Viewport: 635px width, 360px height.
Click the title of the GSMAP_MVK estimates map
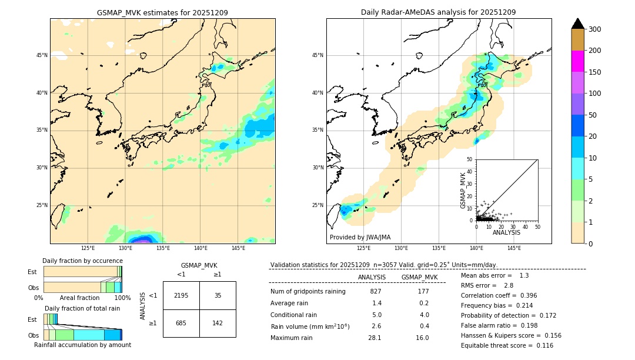(162, 12)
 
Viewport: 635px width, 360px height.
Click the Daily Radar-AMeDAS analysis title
(439, 12)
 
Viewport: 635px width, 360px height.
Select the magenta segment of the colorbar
(577, 61)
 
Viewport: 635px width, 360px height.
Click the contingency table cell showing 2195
(181, 295)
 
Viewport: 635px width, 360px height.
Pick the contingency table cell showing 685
(181, 323)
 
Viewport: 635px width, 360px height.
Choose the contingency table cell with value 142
(218, 323)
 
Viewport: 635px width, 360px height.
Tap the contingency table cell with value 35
(218, 295)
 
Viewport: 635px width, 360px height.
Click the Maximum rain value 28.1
(375, 338)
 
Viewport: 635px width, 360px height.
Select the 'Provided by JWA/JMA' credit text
(360, 238)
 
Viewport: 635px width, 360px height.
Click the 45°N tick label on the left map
(41, 55)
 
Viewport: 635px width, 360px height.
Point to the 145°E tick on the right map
(514, 248)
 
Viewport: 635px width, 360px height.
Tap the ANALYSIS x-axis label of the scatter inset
(506, 233)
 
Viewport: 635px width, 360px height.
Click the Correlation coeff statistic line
(498, 295)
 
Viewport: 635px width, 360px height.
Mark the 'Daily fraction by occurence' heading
(81, 261)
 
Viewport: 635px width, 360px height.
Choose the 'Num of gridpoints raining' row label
(308, 292)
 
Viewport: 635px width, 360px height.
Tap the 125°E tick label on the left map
(88, 248)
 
